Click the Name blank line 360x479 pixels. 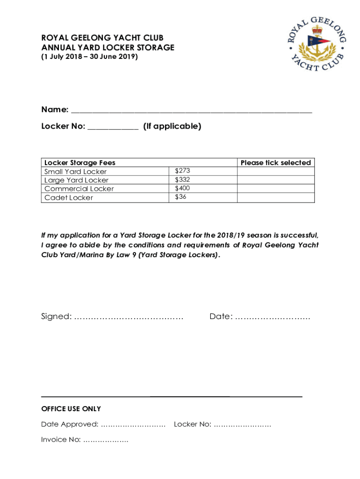(x=191, y=111)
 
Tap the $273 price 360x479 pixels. (x=182, y=171)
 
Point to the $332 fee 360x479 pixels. (x=182, y=180)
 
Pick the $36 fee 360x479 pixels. (x=180, y=197)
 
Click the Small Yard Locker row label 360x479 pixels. (x=75, y=172)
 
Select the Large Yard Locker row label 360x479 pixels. (x=76, y=180)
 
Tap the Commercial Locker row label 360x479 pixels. (x=79, y=189)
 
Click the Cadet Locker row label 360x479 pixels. (x=69, y=197)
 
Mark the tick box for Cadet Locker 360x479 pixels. (x=276, y=197)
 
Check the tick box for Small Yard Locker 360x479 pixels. (x=276, y=172)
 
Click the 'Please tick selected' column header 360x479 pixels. (x=276, y=163)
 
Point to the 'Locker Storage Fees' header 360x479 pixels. (x=80, y=163)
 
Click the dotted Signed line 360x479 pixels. (x=129, y=318)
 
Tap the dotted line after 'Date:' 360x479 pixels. (x=273, y=318)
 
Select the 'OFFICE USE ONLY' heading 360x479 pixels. (x=71, y=409)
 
